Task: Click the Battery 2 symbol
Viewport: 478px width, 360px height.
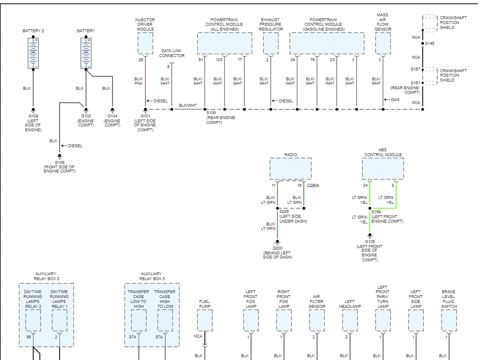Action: click(x=33, y=53)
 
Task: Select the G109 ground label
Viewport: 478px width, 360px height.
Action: click(x=33, y=116)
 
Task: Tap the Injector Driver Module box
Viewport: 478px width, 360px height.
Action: click(x=145, y=43)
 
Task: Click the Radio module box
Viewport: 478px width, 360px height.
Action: click(x=291, y=169)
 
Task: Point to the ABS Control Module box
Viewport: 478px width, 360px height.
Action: click(x=383, y=169)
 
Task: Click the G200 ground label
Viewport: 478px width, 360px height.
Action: click(x=277, y=248)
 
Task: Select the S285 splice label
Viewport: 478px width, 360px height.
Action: click(x=284, y=212)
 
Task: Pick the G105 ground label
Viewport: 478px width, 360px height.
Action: click(x=370, y=241)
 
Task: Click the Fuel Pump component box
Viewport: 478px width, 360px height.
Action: click(x=205, y=320)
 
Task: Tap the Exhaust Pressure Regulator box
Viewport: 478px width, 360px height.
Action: click(x=271, y=43)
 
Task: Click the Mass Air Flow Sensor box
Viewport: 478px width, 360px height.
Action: click(x=383, y=43)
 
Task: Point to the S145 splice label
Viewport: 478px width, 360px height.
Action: click(x=430, y=43)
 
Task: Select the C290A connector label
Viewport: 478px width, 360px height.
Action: click(x=313, y=186)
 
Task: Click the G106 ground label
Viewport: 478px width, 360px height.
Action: click(x=59, y=162)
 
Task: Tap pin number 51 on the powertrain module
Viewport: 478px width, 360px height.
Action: click(x=200, y=60)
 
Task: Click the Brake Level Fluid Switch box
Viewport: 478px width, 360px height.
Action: click(x=449, y=320)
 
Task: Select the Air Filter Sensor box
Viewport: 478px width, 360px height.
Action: click(x=317, y=320)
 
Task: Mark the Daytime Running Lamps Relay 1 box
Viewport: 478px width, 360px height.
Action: click(x=59, y=320)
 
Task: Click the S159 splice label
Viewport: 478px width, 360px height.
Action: click(x=376, y=212)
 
